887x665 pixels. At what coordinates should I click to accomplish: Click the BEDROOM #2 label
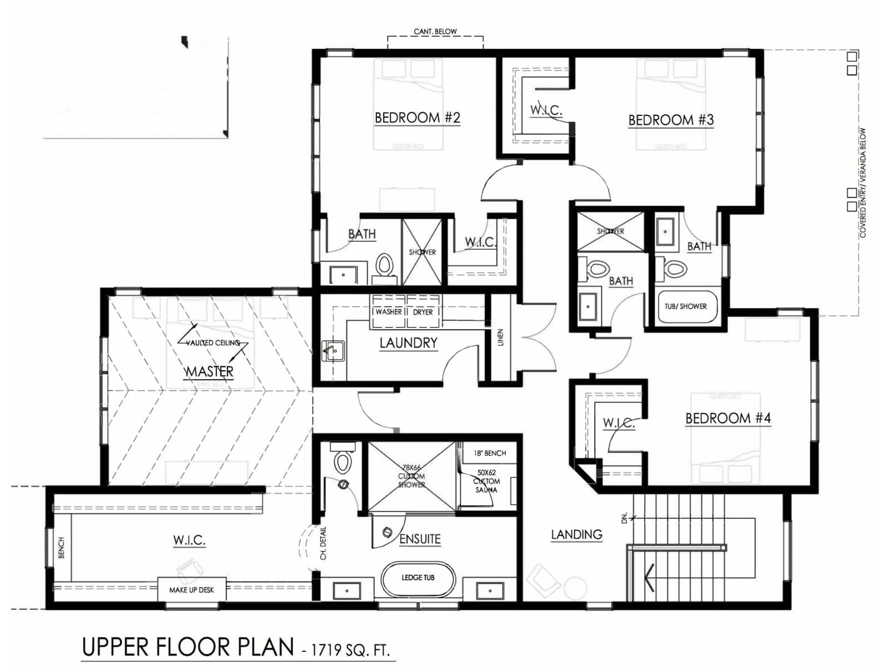click(x=417, y=118)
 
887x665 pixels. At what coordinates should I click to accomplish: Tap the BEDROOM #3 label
click(x=671, y=120)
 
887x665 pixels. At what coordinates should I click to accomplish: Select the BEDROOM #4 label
click(x=728, y=418)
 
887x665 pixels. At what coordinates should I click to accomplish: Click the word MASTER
click(x=209, y=372)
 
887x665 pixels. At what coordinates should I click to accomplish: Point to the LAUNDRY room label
click(x=408, y=343)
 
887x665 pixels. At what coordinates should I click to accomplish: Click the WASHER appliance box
click(x=388, y=312)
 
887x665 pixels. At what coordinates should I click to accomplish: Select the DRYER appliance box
click(x=423, y=312)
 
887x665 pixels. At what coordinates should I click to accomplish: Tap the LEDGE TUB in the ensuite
click(x=418, y=578)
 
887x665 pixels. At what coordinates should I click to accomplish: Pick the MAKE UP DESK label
click(x=191, y=590)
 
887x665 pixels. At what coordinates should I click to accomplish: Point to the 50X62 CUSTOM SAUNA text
click(x=486, y=481)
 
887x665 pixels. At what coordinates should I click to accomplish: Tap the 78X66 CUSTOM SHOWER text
click(x=411, y=476)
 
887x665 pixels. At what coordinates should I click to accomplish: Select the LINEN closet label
click(x=500, y=338)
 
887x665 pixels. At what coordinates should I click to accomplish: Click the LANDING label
click(x=576, y=534)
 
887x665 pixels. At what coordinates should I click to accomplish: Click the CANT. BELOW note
click(x=435, y=31)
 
